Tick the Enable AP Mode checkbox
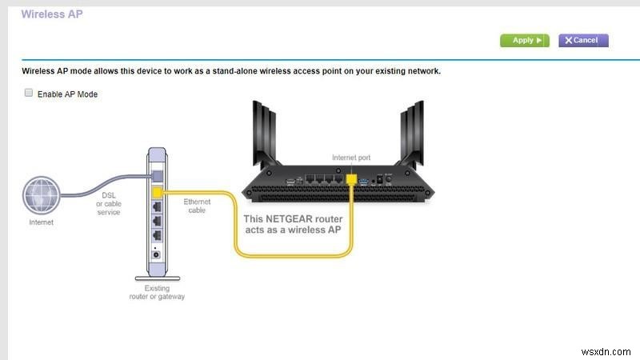click(29, 94)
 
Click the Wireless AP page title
click(51, 14)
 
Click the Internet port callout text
click(351, 158)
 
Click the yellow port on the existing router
click(157, 193)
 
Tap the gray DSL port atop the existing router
click(157, 174)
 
